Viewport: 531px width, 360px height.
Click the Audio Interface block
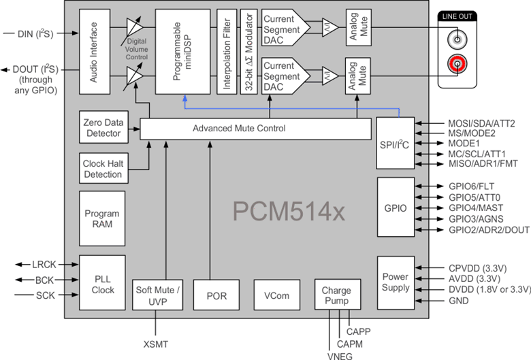(x=94, y=52)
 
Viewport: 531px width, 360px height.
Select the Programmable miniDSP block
(x=182, y=52)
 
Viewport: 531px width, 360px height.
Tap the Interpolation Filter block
(x=226, y=52)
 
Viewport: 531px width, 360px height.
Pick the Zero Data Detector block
(x=103, y=128)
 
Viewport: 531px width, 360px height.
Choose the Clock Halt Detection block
(x=103, y=169)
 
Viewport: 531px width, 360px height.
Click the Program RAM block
(x=103, y=218)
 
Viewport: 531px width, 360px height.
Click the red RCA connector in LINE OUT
(x=457, y=65)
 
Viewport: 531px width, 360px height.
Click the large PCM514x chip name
(x=289, y=212)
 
